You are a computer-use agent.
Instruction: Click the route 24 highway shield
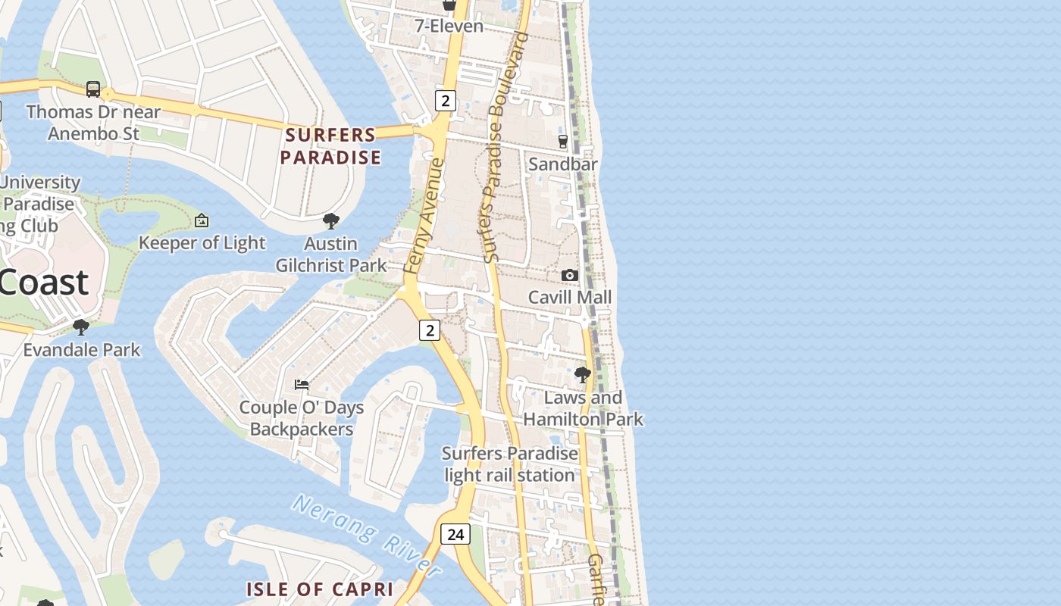tap(455, 534)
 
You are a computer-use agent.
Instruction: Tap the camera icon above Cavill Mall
tap(570, 275)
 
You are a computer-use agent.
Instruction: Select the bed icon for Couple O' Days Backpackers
tap(302, 385)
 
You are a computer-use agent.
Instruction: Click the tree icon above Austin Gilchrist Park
tap(330, 221)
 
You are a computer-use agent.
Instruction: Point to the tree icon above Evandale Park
tap(81, 327)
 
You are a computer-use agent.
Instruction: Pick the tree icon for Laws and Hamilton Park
tap(582, 374)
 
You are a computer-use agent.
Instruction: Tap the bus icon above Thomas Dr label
tap(93, 89)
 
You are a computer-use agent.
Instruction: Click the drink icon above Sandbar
tap(563, 141)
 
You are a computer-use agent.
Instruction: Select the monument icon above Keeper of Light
tap(202, 220)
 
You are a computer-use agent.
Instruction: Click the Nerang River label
tap(367, 534)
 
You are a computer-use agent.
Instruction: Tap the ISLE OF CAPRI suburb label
tap(320, 589)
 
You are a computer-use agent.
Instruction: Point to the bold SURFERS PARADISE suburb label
tap(330, 146)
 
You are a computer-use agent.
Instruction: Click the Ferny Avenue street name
tap(422, 216)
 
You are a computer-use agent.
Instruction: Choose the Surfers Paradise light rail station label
tap(509, 464)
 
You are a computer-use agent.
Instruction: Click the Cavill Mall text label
tap(570, 297)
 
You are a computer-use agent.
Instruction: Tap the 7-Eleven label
tap(449, 26)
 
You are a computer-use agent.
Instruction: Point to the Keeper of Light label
tap(202, 242)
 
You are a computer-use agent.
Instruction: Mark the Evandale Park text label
tap(82, 349)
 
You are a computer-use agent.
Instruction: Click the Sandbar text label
tap(563, 164)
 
